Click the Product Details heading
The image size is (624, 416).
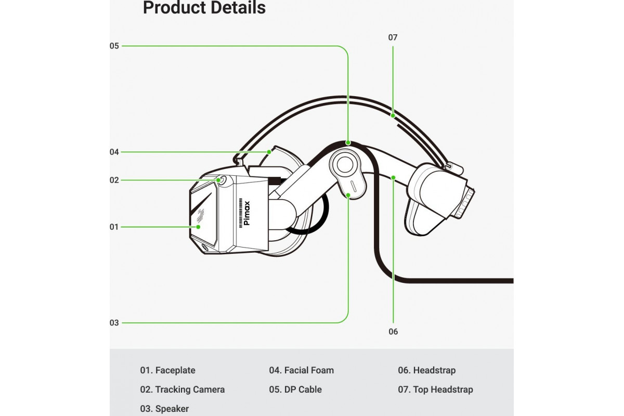coord(204,8)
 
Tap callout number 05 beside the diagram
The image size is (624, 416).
coord(114,46)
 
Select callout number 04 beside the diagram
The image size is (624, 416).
coord(114,152)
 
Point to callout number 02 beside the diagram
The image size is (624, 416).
coord(114,180)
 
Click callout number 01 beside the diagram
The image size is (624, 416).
coord(114,227)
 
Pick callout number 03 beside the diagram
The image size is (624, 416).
coord(114,322)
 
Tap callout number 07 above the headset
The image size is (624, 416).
coord(393,37)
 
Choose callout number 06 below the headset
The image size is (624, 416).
coord(393,331)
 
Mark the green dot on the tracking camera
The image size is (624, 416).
coord(219,180)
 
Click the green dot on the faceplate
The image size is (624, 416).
coord(198,227)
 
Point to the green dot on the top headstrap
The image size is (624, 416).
coord(393,115)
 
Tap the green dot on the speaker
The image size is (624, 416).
coord(348,195)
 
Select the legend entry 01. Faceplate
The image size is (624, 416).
coord(167,370)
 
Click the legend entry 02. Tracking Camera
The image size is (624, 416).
coord(183,389)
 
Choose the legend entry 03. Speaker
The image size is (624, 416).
coord(164,409)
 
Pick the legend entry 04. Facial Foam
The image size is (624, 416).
coord(301,370)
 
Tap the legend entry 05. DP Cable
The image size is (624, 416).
coord(295,389)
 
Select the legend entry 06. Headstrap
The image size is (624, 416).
coord(426,370)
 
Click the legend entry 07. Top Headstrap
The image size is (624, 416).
coord(435,389)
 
